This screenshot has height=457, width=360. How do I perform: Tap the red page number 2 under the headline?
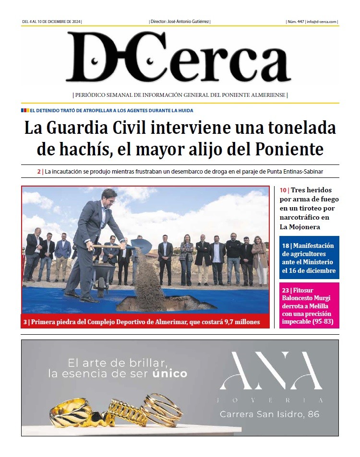[x=39, y=171]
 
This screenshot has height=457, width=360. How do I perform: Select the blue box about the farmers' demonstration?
[x=309, y=258]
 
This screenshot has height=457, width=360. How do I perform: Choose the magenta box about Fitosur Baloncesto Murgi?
[x=309, y=305]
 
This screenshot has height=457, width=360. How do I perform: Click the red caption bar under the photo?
[x=145, y=321]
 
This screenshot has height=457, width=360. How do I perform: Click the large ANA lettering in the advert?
[x=270, y=371]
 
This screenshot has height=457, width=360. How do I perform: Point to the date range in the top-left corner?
[x=52, y=22]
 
